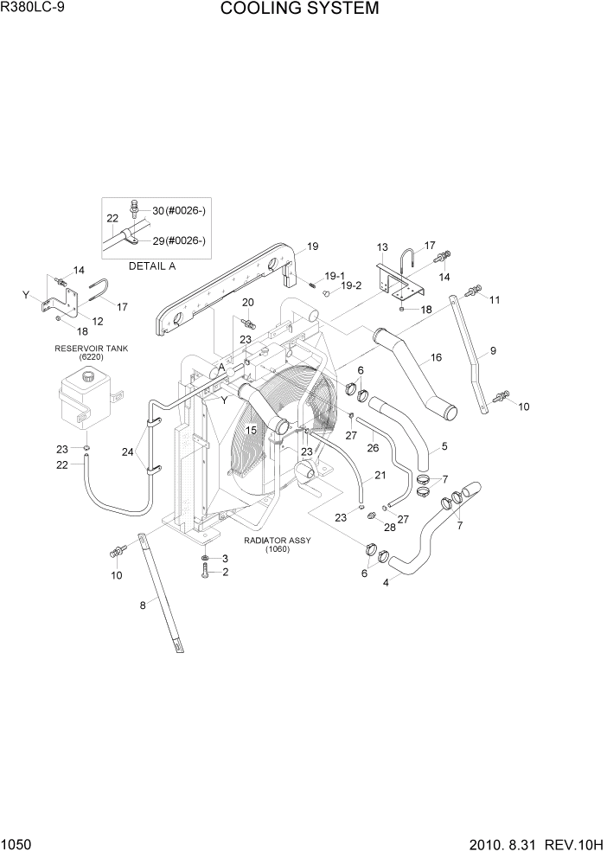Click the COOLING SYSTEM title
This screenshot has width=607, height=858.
[299, 10]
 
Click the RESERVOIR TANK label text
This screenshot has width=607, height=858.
[91, 348]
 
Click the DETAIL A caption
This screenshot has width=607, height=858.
[152, 266]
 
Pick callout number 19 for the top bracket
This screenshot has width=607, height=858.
[312, 246]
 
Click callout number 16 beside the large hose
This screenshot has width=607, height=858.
[435, 356]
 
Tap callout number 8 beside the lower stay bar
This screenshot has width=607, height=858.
[143, 605]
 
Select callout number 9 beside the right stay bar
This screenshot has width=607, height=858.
[493, 350]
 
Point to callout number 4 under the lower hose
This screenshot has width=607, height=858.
[386, 582]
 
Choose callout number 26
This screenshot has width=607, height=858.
[373, 448]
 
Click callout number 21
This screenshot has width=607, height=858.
[380, 477]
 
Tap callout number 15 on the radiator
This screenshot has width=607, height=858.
[252, 430]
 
